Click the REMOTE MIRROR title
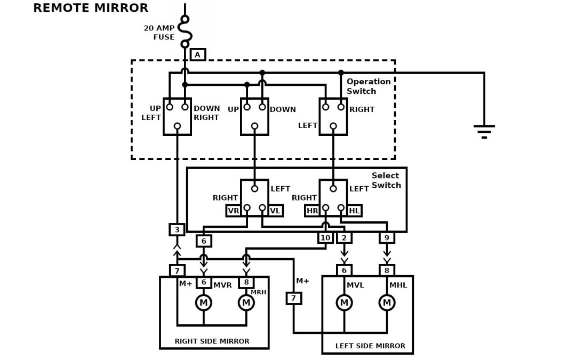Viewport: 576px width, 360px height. click(91, 8)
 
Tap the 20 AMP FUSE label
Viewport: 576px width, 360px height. click(159, 33)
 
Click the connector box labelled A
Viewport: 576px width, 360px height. click(198, 54)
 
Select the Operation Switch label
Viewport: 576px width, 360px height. click(369, 86)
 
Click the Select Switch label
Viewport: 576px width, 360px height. click(386, 180)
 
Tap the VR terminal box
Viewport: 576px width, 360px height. click(234, 211)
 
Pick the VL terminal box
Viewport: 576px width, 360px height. click(275, 211)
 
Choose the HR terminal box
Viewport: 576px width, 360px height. click(313, 211)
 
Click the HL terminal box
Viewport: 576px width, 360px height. click(354, 211)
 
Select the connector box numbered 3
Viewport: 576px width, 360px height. click(177, 229)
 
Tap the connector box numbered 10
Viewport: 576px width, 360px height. click(325, 237)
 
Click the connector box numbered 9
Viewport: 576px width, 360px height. click(387, 237)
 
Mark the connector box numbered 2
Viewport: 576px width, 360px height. click(344, 237)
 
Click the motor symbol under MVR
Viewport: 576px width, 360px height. click(203, 303)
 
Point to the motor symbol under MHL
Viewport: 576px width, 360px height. click(387, 303)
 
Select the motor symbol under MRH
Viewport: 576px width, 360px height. click(246, 303)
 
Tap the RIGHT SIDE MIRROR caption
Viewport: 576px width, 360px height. click(212, 341)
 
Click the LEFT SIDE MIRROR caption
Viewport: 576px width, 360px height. click(370, 346)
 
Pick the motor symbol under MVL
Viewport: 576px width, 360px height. click(344, 303)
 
